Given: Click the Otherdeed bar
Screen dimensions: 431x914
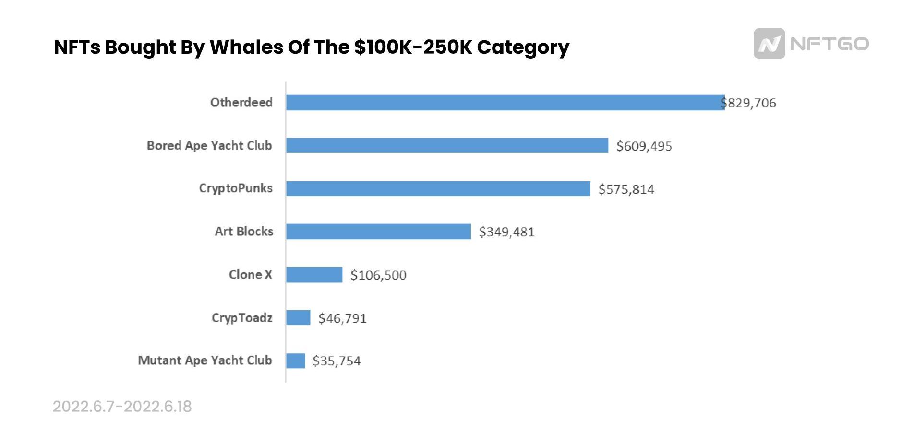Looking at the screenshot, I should (x=505, y=103).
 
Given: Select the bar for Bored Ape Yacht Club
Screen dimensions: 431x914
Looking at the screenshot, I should (x=447, y=146).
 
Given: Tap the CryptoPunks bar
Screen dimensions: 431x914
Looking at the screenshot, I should (x=438, y=188).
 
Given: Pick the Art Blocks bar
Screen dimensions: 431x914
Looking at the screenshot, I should (x=378, y=232).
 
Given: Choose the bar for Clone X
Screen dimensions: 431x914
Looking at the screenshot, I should (x=314, y=275).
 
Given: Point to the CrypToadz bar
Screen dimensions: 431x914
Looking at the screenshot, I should (x=298, y=318).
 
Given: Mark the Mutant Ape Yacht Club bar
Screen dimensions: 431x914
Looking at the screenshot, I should (x=295, y=361).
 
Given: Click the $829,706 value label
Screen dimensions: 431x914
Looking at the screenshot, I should (x=749, y=103).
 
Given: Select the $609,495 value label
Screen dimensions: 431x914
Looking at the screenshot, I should (x=644, y=146).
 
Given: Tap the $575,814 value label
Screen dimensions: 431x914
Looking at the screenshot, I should (x=626, y=189).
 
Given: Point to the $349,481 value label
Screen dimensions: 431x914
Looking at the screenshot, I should (x=506, y=232).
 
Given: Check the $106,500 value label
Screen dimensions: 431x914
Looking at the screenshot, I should (x=378, y=275).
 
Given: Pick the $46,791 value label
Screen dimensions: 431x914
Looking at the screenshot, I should (x=342, y=318).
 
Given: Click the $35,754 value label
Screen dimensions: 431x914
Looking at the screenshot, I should (x=336, y=361).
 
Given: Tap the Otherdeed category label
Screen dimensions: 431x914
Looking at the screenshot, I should (x=241, y=102).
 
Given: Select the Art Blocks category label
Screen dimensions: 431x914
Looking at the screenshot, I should (x=244, y=231).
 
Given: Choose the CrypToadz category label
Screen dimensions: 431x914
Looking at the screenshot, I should (x=242, y=317).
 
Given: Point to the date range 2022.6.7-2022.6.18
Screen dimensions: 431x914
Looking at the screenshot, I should (x=122, y=407).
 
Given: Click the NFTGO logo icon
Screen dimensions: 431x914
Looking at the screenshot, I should (x=769, y=44).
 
